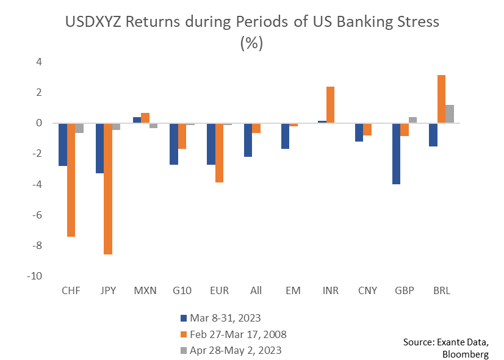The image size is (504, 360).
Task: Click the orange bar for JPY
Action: point(108,188)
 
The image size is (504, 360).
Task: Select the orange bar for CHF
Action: point(71,179)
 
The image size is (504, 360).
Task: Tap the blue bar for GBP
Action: point(396,153)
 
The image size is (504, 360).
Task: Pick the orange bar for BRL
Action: point(442,99)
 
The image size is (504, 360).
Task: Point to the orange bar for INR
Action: point(330,104)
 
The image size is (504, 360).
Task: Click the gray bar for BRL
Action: point(450,113)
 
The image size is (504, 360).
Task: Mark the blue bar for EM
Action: point(285,135)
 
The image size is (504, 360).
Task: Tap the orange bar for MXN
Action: point(145,118)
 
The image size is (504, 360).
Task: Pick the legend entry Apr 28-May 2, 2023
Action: point(229,350)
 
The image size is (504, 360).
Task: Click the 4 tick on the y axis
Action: point(38,62)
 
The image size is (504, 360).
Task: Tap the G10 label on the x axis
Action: point(181,290)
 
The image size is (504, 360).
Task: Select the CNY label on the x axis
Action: point(367,290)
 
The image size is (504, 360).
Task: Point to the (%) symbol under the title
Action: point(252,44)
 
